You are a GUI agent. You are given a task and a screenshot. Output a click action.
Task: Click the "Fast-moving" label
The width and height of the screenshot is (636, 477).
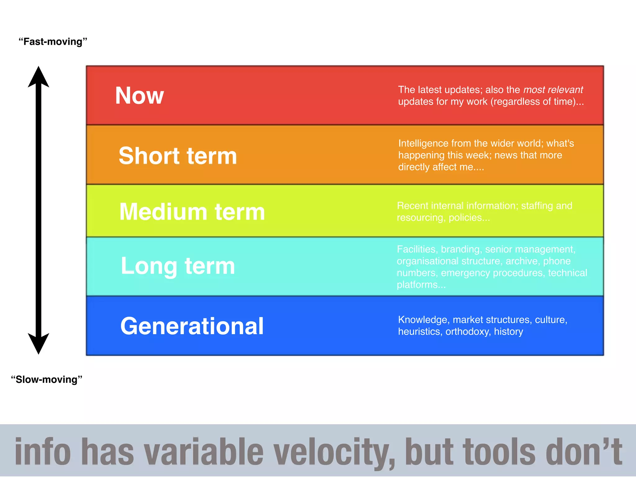(x=53, y=42)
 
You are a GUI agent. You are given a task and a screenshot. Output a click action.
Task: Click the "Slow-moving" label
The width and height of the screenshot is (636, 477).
(x=47, y=379)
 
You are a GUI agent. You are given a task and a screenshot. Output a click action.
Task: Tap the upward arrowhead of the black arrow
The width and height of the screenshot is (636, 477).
(x=39, y=78)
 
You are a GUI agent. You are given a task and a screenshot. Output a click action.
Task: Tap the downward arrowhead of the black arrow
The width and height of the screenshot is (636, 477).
(x=39, y=343)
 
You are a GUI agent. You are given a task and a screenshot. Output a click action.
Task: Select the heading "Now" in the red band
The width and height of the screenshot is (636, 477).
(x=139, y=96)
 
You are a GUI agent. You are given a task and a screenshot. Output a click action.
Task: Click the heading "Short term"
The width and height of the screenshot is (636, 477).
(x=178, y=156)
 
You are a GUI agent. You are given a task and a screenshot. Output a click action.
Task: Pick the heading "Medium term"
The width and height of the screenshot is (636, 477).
(x=192, y=212)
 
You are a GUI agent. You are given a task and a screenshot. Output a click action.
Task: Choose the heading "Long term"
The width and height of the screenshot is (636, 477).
(x=178, y=266)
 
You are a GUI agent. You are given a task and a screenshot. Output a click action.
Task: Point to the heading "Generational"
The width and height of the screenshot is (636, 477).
(x=192, y=326)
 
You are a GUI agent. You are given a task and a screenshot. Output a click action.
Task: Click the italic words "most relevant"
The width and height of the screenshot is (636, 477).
(x=553, y=90)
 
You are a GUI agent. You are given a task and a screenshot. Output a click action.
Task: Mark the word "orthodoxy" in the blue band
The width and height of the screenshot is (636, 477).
(x=468, y=332)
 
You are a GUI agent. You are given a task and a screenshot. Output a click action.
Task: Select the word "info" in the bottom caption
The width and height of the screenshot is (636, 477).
(x=43, y=452)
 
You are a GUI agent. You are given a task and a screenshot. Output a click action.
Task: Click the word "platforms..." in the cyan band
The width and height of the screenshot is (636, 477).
(x=421, y=285)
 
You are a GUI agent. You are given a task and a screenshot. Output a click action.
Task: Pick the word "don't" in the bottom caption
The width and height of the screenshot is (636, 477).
(x=584, y=452)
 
